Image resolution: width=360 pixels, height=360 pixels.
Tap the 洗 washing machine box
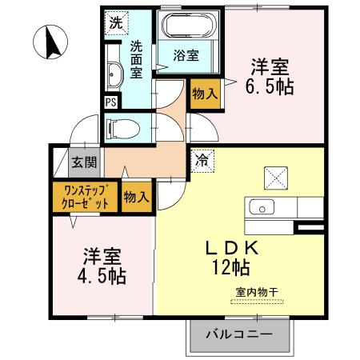pos(116,23)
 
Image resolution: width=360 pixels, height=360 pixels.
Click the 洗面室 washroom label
pos(138,59)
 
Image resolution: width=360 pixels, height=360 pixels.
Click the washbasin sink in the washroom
pos(113,76)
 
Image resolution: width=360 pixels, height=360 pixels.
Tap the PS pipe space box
pos(110,102)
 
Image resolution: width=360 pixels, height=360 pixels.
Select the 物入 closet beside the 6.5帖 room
pos(204,94)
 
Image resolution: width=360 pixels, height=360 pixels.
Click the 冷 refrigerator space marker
pos(202,159)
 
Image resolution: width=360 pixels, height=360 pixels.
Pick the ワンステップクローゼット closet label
pos(83,197)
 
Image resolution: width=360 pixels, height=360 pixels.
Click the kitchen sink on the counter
pos(262,207)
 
